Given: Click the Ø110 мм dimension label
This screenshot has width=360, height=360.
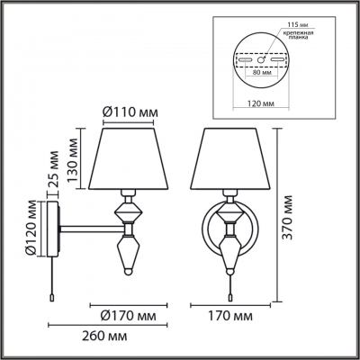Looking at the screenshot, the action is pyautogui.click(x=130, y=112).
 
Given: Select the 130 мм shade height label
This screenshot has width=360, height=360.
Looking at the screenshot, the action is pyautogui.click(x=72, y=160).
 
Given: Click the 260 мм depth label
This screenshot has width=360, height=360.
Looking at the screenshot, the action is pyautogui.click(x=105, y=336).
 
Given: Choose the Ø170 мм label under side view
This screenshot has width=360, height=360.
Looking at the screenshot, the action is pyautogui.click(x=129, y=316).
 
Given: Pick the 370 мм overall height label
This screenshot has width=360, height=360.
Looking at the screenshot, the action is pyautogui.click(x=288, y=218).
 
